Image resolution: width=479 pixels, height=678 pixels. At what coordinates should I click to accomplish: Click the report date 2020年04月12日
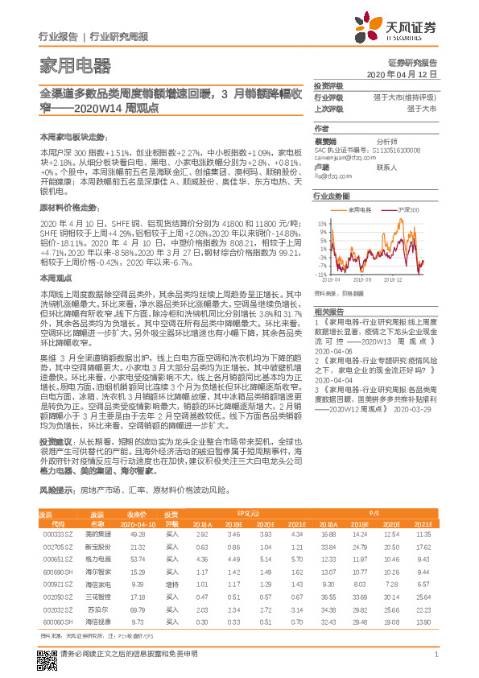400,73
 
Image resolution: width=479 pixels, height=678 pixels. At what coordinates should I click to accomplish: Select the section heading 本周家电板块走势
72,138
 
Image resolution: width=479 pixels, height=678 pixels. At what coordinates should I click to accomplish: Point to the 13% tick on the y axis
322,221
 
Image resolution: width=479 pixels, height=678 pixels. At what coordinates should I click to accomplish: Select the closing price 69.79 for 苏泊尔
137,610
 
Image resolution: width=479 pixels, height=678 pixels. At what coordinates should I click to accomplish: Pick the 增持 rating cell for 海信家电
171,583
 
